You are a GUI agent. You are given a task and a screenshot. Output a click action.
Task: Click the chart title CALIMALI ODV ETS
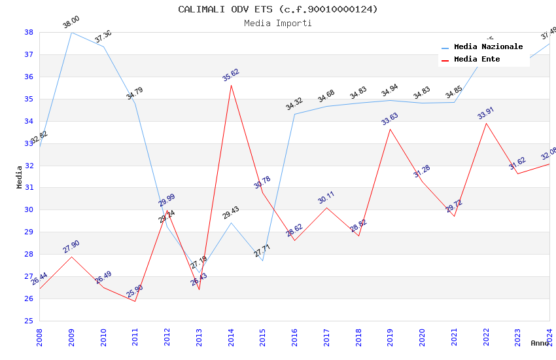278,9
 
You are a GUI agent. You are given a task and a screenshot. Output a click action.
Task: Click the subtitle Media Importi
278,24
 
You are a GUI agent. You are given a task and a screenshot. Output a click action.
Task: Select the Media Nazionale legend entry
488,47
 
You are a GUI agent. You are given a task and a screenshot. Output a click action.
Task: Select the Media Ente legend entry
477,60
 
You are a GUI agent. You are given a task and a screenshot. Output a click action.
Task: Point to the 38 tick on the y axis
29,32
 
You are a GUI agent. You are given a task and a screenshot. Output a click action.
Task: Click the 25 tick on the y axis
29,321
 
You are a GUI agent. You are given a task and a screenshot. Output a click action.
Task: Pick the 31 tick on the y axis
29,188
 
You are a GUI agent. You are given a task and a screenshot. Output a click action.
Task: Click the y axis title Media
20,177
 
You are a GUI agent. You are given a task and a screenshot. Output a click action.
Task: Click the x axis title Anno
540,343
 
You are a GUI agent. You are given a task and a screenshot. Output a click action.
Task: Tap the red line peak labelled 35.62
231,85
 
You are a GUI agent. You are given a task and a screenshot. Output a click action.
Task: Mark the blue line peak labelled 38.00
71,32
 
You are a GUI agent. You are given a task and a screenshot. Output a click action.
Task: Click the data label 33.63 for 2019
391,118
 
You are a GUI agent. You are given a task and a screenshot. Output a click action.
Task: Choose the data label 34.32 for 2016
294,103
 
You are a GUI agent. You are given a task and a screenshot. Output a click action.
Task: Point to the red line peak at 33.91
486,123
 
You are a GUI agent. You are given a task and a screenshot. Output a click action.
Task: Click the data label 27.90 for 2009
71,246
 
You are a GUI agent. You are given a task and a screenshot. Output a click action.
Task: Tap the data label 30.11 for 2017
326,197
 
